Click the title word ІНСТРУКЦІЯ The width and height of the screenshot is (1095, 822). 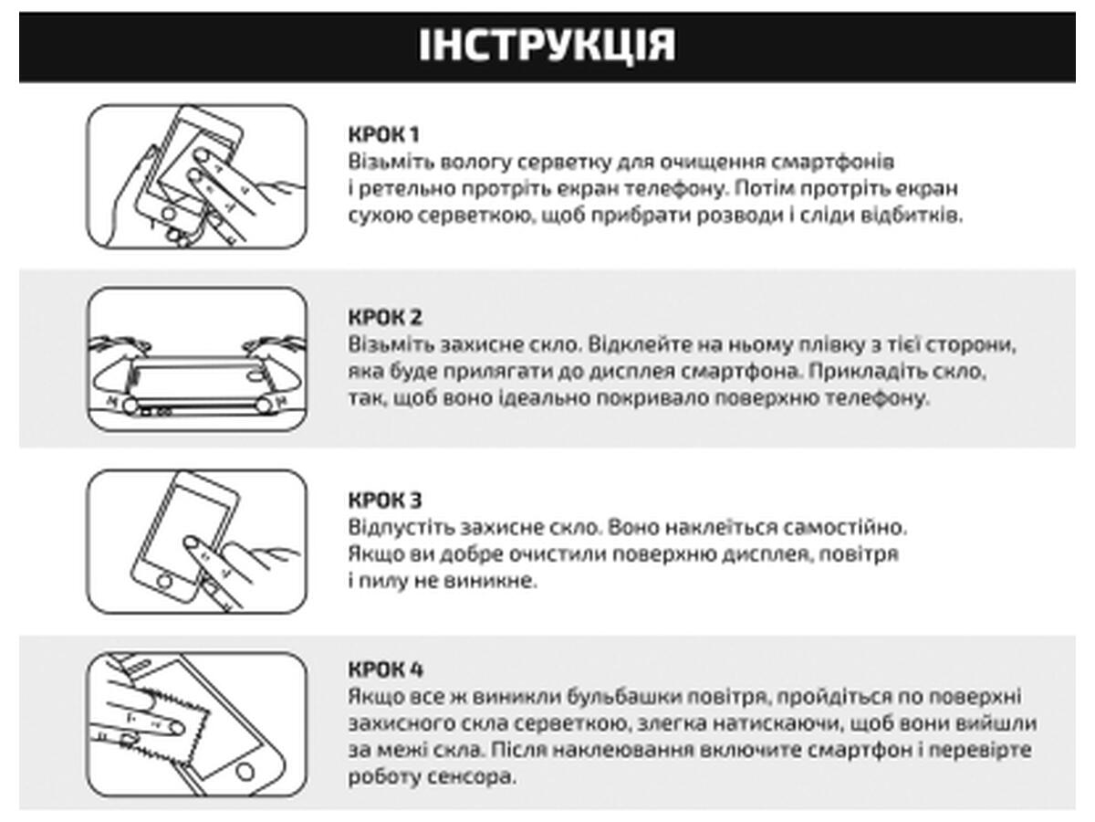tap(547, 46)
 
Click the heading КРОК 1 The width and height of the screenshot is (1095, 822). tap(383, 135)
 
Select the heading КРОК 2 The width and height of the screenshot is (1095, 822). tap(384, 318)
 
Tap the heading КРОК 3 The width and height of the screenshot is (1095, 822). tap(384, 501)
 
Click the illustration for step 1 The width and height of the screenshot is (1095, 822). tap(197, 176)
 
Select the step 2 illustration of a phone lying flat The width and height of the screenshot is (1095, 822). tap(197, 358)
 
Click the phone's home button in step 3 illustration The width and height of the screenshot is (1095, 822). tap(166, 581)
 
